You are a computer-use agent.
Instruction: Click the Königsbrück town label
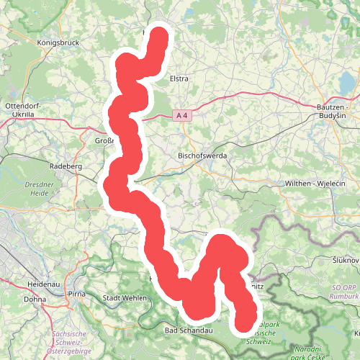[56, 42]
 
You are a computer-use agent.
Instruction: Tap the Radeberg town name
[66, 166]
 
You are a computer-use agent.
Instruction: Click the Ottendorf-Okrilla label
[24, 110]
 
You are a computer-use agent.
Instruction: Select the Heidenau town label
[42, 284]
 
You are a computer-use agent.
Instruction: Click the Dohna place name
[35, 299]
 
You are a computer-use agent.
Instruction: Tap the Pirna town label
[76, 295]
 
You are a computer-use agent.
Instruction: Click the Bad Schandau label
[188, 330]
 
